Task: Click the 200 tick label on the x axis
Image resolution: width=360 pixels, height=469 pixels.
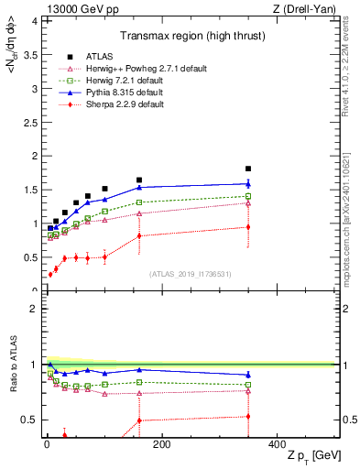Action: tap(161, 444)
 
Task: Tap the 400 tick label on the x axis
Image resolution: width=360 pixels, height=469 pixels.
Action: tap(277, 444)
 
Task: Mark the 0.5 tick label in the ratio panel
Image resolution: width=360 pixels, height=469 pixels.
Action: tap(28, 420)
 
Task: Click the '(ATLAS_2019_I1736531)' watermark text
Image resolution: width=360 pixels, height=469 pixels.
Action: tap(189, 274)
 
